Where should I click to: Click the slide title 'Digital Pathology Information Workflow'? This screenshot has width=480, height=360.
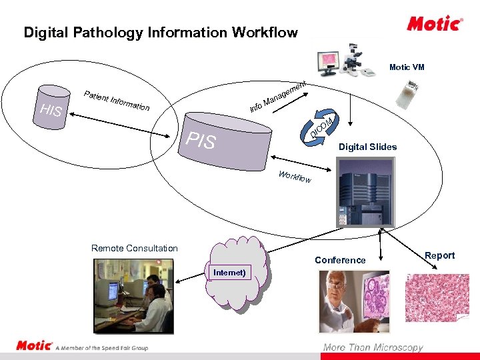click(x=161, y=33)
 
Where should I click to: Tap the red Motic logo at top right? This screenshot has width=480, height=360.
click(x=435, y=24)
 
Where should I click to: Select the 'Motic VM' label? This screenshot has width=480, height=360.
click(x=407, y=67)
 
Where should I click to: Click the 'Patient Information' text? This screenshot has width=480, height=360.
click(x=117, y=99)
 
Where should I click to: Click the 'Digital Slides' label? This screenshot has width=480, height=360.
click(x=367, y=147)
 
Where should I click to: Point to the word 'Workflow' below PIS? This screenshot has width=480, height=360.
click(x=295, y=177)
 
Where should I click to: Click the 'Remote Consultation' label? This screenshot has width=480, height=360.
click(x=135, y=248)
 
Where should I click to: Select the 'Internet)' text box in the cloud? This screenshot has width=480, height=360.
click(x=229, y=272)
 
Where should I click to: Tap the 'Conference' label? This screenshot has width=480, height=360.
click(x=340, y=260)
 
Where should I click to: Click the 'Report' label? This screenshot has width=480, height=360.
click(x=440, y=255)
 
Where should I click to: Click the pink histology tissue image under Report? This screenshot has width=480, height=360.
click(x=438, y=299)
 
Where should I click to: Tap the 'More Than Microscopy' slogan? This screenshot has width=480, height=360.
click(x=373, y=347)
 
